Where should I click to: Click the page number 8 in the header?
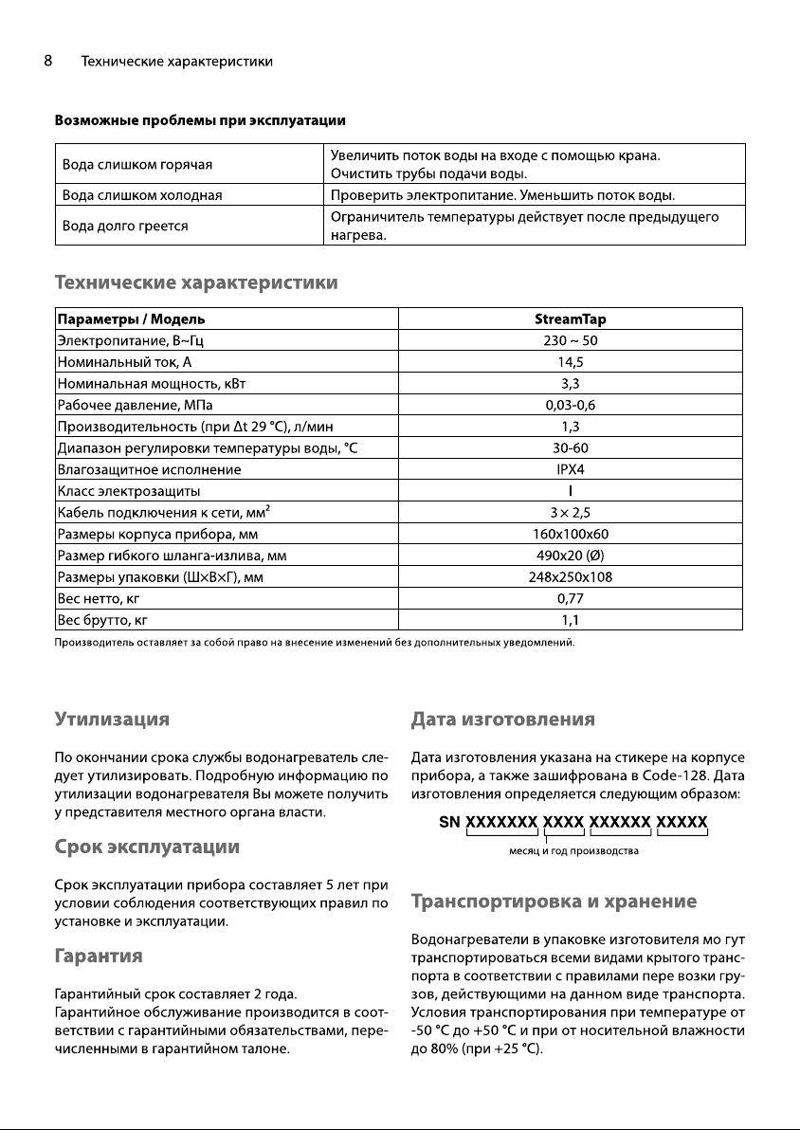47,62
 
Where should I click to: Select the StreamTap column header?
570,319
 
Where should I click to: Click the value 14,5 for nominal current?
570,361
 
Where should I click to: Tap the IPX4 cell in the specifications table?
570,469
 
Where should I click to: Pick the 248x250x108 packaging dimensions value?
570,576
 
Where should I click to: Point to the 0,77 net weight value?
570,598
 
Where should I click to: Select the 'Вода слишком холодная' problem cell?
148,195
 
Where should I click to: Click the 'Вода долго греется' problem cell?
124,227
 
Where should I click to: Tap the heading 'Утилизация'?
112,719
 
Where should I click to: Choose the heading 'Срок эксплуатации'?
146,846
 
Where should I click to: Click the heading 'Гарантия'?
99,956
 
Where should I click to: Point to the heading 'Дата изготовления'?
502,719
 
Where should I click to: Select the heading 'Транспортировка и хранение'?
555,901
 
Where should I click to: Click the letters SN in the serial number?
450,823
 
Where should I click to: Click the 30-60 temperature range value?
570,447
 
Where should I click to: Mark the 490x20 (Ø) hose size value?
570,556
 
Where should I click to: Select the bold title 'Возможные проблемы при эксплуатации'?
200,121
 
